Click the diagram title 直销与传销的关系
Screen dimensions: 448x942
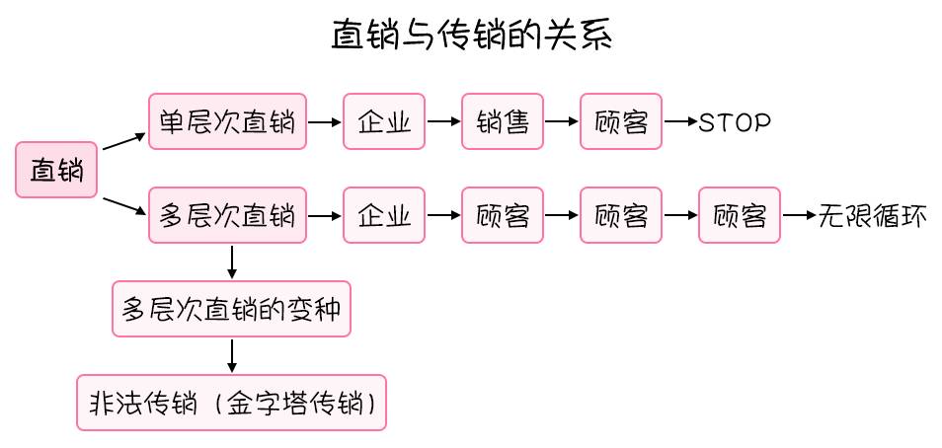coord(473,37)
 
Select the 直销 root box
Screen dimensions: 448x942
coord(56,170)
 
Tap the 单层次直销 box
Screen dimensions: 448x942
coord(227,121)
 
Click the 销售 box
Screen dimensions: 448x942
coord(503,121)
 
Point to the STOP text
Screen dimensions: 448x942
coord(734,122)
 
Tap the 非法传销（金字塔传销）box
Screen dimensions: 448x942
coord(232,402)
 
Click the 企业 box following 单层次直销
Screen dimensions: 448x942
coord(384,121)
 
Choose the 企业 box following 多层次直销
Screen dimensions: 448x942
coord(384,215)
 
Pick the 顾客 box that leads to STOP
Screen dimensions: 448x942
coord(621,121)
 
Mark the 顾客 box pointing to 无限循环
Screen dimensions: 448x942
coord(740,215)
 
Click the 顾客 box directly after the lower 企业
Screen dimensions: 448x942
coord(503,215)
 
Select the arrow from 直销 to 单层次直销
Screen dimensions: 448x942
coord(122,143)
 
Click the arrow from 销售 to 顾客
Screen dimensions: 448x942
coord(561,122)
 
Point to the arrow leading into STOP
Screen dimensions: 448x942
coord(680,122)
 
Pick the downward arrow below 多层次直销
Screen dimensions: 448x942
coord(232,260)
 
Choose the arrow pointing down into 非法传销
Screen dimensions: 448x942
coord(232,353)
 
